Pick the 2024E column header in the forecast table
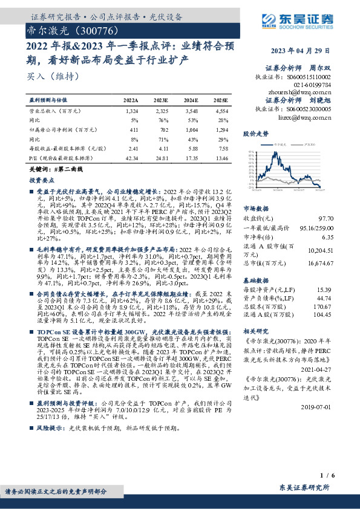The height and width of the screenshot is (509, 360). pyautogui.click(x=190, y=100)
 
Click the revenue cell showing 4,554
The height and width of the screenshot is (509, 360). pyautogui.click(x=221, y=112)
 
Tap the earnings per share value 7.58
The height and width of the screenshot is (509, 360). pyautogui.click(x=221, y=148)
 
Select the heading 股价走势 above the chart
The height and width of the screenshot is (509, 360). pyautogui.click(x=254, y=132)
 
